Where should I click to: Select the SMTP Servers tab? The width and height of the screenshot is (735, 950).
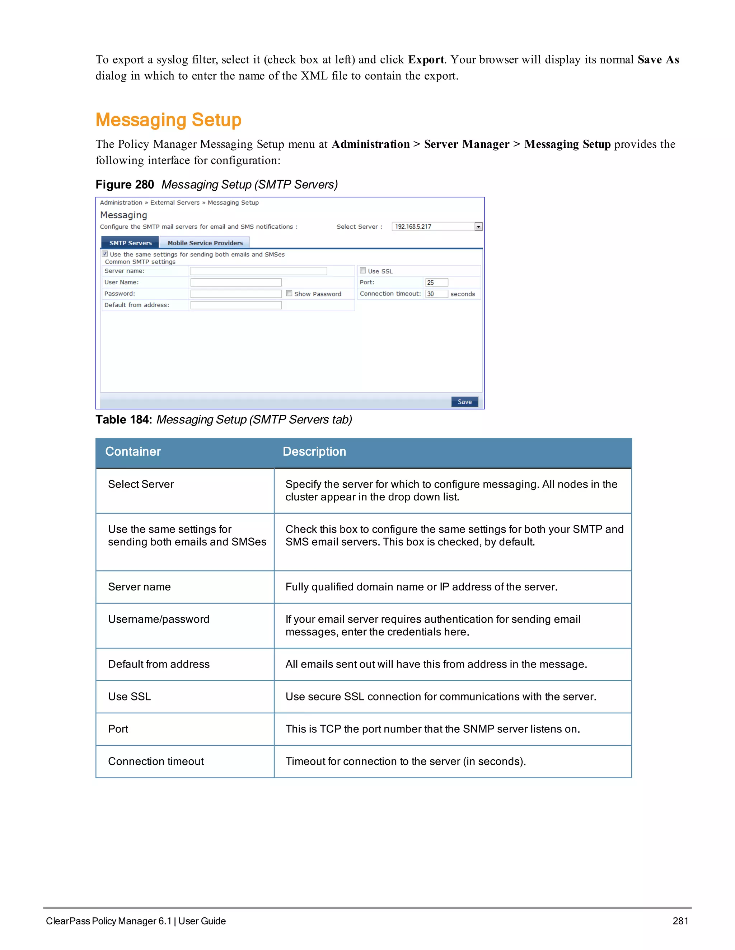point(130,243)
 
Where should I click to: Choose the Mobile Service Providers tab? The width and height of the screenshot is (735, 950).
point(205,243)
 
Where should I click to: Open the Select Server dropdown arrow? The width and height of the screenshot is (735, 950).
point(478,227)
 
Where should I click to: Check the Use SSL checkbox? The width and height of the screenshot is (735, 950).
point(363,271)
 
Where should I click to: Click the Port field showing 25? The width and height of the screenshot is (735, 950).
point(436,282)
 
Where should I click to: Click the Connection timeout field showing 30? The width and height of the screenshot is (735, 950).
point(436,294)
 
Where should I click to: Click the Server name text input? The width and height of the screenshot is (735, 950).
point(259,271)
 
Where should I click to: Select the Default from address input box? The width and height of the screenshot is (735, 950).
point(236,305)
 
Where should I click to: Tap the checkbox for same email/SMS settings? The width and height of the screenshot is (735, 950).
point(105,253)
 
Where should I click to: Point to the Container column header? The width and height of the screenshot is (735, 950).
point(133,451)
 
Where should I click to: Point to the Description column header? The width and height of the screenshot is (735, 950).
point(314,451)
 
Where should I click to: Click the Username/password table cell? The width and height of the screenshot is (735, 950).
point(159,619)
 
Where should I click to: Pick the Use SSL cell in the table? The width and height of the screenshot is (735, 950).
point(129,697)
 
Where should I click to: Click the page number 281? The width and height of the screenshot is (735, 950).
point(680,921)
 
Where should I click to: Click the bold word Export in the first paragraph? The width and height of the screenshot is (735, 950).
point(426,60)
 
